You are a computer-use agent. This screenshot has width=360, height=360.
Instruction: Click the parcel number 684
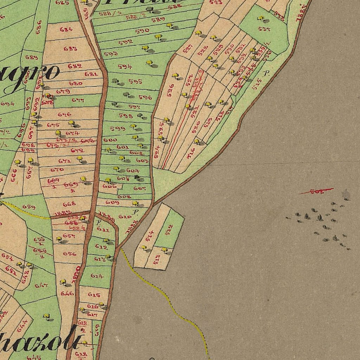[66, 30]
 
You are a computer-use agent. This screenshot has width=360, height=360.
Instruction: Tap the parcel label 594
[125, 66]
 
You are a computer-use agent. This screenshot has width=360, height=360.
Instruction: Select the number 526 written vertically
[171, 90]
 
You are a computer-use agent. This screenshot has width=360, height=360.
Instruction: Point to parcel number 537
[264, 29]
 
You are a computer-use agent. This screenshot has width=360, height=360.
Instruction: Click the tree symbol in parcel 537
[261, 18]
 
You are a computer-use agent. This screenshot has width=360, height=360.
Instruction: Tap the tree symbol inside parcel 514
[143, 247]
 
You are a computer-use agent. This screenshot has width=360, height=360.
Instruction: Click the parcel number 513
[157, 259]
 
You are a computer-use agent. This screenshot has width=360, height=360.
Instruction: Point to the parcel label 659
[29, 207]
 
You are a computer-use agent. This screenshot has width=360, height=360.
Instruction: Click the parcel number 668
[69, 204]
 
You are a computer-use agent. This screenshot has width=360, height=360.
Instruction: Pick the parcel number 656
[70, 253]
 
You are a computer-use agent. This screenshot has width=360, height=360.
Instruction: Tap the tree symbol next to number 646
[63, 282]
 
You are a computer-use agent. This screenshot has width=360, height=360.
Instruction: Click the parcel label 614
[97, 276]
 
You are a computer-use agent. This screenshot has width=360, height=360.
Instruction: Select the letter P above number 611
[99, 222]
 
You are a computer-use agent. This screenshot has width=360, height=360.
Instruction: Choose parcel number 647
[41, 285]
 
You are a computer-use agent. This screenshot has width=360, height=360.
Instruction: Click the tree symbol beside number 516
[197, 141]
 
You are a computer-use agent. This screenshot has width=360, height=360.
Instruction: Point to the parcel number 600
[110, 140]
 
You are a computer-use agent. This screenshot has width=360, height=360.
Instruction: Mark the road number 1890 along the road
[76, 274]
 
